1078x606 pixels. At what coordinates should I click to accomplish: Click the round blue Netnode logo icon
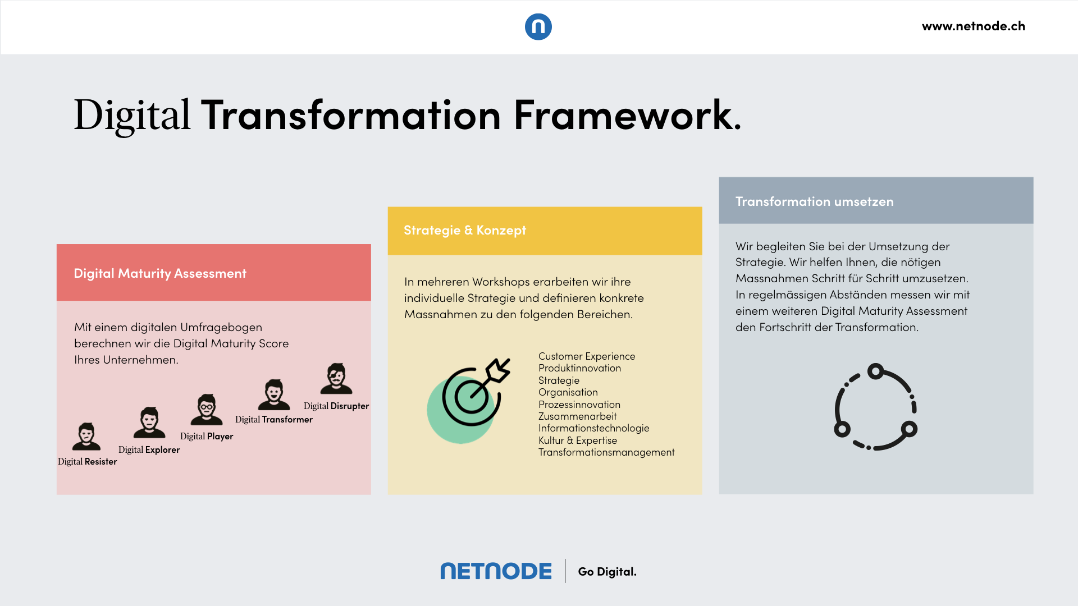click(538, 27)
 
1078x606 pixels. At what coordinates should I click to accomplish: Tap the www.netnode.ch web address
click(974, 26)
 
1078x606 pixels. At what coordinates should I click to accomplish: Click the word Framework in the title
click(627, 115)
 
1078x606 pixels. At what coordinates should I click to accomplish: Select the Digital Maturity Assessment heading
click(160, 273)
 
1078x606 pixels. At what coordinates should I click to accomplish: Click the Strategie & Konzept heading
click(465, 230)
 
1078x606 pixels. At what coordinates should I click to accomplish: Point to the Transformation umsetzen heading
click(815, 201)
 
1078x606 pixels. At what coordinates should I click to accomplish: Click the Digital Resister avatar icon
click(86, 437)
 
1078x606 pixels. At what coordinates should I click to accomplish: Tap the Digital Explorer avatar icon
click(149, 422)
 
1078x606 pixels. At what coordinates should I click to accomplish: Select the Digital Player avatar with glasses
click(207, 409)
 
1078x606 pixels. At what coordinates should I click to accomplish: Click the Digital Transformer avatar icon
click(274, 394)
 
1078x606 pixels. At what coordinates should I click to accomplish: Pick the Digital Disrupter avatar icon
click(336, 378)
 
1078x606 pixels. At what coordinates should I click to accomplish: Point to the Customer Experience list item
click(587, 356)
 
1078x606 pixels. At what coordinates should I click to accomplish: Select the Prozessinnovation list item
click(579, 405)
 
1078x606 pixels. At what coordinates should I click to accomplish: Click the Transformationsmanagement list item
click(606, 452)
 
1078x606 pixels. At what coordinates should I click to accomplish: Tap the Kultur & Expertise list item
click(578, 440)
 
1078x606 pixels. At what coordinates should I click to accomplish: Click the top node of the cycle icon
click(875, 371)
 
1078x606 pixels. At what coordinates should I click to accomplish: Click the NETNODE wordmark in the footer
click(496, 571)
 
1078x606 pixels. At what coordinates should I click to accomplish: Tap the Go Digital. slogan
click(607, 572)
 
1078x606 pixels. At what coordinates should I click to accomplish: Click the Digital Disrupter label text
click(336, 406)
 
